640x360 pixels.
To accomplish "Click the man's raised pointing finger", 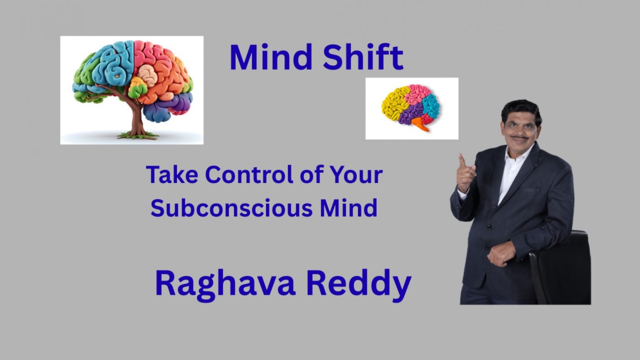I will pyautogui.click(x=462, y=160).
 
